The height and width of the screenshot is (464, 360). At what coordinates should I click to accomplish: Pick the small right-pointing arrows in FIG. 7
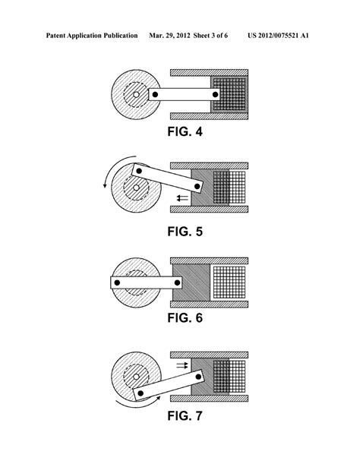point(182,365)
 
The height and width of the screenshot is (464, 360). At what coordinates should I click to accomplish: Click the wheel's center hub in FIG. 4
point(136,95)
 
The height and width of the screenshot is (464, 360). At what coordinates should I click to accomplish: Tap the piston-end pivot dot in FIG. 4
point(216,95)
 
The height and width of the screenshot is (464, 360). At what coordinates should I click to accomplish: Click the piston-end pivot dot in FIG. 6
point(180,283)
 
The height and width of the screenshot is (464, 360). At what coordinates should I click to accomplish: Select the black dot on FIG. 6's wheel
point(117,283)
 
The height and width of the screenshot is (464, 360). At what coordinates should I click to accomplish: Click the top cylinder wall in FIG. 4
point(209,72)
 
